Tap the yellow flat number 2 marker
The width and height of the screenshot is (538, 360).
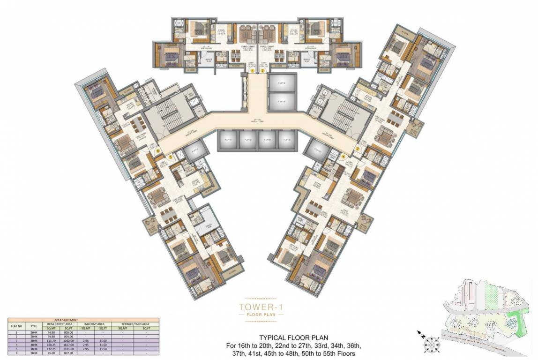pyautogui.click(x=262, y=71)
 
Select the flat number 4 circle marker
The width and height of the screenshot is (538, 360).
pyautogui.click(x=343, y=157)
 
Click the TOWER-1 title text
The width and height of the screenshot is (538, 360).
pyautogui.click(x=262, y=307)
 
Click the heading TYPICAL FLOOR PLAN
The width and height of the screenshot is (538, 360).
pyautogui.click(x=294, y=337)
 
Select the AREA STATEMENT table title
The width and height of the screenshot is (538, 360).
pyautogui.click(x=83, y=320)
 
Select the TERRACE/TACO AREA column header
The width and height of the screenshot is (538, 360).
pyautogui.click(x=135, y=323)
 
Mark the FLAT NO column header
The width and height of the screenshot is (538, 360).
pyautogui.click(x=16, y=325)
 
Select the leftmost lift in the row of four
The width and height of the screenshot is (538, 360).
pyautogui.click(x=228, y=139)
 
